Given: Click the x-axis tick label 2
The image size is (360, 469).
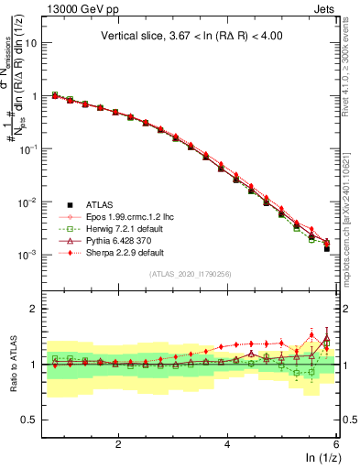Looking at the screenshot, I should tap(118, 444).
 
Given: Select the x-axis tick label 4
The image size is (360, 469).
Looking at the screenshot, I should tap(227, 444).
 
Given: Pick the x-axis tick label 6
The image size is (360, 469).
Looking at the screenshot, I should tap(335, 444).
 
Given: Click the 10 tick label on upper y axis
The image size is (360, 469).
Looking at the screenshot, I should tap(30, 42).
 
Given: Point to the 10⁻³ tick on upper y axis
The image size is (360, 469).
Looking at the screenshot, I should tap(28, 254).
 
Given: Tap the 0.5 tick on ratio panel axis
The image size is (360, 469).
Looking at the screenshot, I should tap(29, 420).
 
